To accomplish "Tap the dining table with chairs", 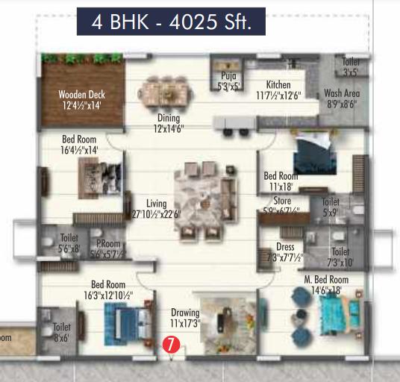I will [x=164, y=94].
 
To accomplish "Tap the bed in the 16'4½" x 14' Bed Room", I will [x=98, y=178].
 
